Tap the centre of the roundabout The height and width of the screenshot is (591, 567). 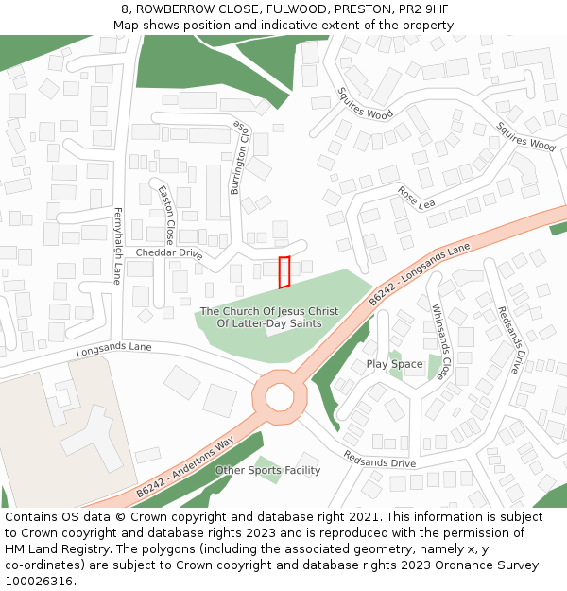coord(280,397)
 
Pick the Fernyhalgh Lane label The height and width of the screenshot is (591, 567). coord(118,245)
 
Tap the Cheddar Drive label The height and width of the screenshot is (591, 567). coord(169,253)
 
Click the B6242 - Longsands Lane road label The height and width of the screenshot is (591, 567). coord(419,274)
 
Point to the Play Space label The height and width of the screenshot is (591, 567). coord(394,364)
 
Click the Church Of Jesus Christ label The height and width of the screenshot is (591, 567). coord(269,317)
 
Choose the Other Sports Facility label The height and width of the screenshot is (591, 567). coord(267,470)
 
